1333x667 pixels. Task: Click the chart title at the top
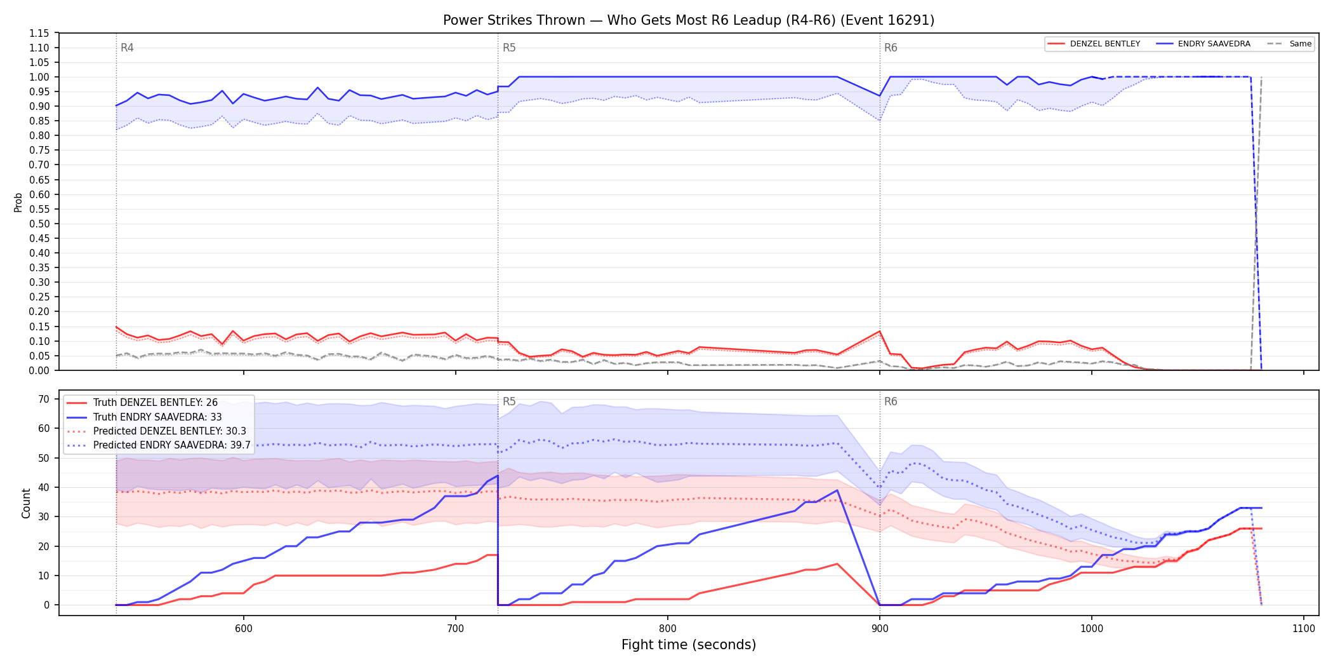tap(689, 20)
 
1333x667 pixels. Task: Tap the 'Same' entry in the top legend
tap(1289, 44)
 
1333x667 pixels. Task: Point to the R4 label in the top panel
tap(127, 48)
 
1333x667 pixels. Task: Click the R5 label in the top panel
tap(509, 48)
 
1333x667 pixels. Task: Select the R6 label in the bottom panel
tap(891, 401)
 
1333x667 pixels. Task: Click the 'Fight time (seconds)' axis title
tap(689, 645)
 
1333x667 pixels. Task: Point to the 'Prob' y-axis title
tap(18, 202)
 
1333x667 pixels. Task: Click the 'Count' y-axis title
tap(26, 503)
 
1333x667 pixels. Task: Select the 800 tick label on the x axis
tap(668, 628)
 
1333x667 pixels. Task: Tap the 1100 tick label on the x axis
tap(1304, 628)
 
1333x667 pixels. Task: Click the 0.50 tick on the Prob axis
tap(39, 224)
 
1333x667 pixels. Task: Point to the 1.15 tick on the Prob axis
tap(39, 33)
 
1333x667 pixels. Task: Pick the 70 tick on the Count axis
tap(44, 400)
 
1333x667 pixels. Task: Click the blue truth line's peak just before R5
tap(498, 475)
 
